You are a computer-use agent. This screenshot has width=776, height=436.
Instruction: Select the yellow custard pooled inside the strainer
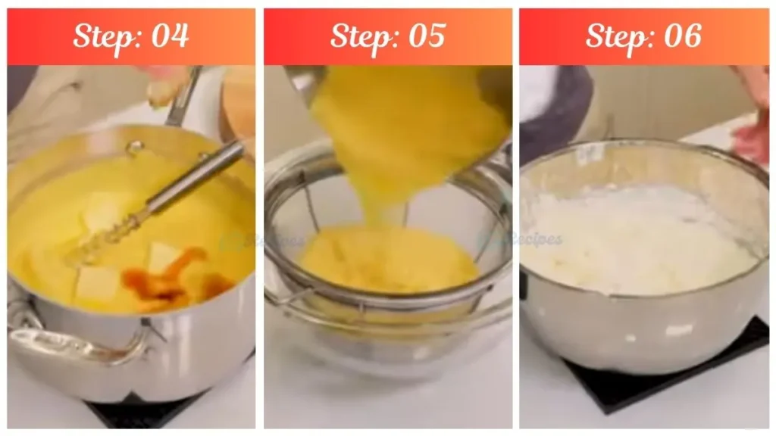point(386,261)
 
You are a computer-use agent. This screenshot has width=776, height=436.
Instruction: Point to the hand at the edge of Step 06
point(754,136)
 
